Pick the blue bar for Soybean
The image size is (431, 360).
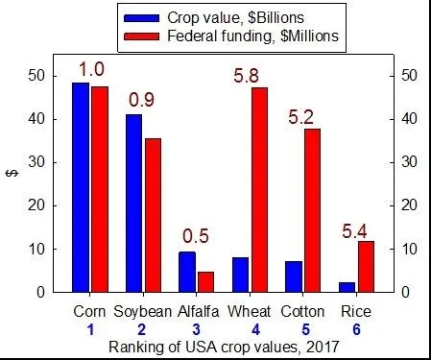133,203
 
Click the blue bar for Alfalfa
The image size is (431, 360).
186,272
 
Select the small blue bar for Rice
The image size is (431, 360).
347,286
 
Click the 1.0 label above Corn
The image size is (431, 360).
91,70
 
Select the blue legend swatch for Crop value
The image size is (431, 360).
143,17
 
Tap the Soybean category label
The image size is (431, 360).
142,312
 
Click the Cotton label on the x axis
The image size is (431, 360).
303,312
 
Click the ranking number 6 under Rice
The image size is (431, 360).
356,329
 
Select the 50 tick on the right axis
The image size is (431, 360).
407,75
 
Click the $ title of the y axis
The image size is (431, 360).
12,173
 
